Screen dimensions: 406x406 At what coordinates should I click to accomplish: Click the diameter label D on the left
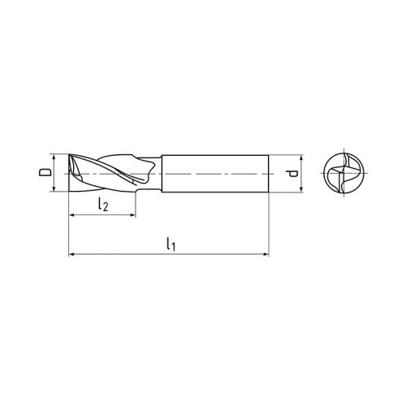(46, 173)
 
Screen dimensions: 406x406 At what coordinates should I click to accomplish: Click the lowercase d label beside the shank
(289, 173)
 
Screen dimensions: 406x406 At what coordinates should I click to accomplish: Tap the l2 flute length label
(103, 205)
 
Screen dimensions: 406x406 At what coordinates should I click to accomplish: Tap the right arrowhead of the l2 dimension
(132, 216)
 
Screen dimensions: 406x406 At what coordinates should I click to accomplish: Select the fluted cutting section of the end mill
(110, 173)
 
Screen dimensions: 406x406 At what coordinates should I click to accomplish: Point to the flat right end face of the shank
(268, 173)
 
